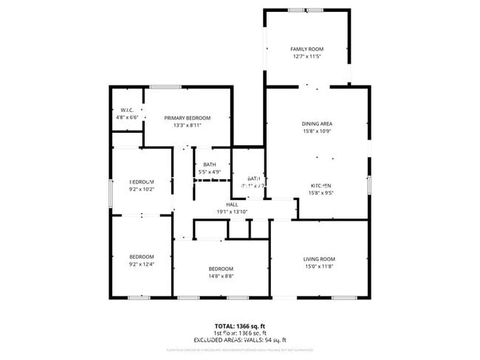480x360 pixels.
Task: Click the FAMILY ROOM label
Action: pyautogui.click(x=306, y=49)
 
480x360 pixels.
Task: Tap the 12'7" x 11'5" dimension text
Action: pyautogui.click(x=306, y=56)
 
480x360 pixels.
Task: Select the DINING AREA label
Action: pyautogui.click(x=316, y=123)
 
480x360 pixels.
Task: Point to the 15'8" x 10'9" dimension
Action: pyautogui.click(x=316, y=131)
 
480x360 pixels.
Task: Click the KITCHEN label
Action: pyautogui.click(x=320, y=185)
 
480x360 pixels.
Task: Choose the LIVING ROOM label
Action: pyautogui.click(x=319, y=258)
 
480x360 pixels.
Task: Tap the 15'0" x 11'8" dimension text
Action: pyautogui.click(x=319, y=266)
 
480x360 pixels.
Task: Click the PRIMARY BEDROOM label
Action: pyautogui.click(x=188, y=118)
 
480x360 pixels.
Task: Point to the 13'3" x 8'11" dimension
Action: pyautogui.click(x=188, y=125)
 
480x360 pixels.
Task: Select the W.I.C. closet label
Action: pyautogui.click(x=126, y=110)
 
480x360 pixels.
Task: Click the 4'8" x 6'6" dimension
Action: pyautogui.click(x=127, y=117)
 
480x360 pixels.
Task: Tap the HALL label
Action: pyautogui.click(x=232, y=204)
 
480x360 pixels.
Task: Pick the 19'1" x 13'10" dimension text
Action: pyautogui.click(x=232, y=212)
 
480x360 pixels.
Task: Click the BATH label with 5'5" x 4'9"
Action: pyautogui.click(x=210, y=165)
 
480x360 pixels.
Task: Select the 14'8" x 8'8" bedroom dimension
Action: pyautogui.click(x=221, y=276)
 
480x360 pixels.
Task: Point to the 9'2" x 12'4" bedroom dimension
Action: pyautogui.click(x=141, y=264)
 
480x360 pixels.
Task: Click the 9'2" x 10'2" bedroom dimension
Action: pyautogui.click(x=141, y=189)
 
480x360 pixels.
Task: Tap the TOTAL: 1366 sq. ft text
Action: pyautogui.click(x=240, y=326)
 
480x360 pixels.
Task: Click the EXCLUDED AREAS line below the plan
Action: pyautogui.click(x=240, y=339)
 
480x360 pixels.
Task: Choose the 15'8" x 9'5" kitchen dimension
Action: pyautogui.click(x=320, y=193)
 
